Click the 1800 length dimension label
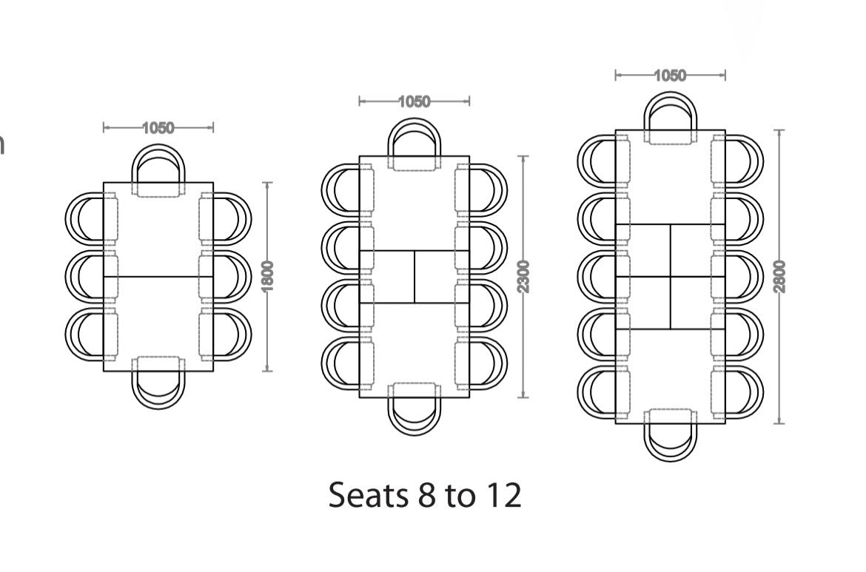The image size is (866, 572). click(267, 276)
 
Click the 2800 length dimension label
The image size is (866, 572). click(779, 277)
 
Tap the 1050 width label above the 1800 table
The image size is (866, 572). click(158, 128)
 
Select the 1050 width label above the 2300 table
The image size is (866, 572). click(414, 101)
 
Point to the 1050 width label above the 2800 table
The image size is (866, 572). click(670, 75)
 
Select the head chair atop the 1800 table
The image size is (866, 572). click(158, 171)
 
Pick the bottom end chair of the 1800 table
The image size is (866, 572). click(158, 383)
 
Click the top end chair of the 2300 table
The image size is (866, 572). click(414, 144)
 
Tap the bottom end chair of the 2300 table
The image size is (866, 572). click(414, 409)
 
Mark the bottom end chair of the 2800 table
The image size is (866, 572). click(670, 435)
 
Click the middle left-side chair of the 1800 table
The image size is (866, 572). click(92, 276)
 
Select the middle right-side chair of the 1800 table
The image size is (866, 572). click(225, 276)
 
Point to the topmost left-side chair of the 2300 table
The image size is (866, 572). click(347, 190)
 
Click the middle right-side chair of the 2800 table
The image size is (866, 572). click(736, 277)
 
